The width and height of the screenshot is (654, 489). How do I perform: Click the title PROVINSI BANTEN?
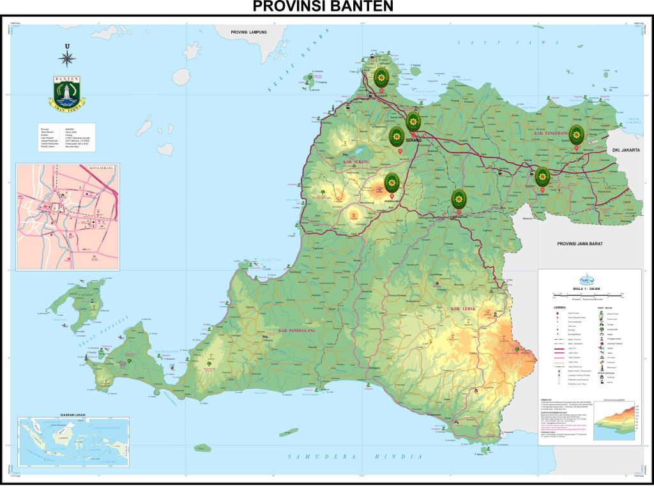[x=323, y=7]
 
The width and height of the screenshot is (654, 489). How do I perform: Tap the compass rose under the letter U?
[x=67, y=59]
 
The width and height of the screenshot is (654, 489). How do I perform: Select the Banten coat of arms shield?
[x=67, y=93]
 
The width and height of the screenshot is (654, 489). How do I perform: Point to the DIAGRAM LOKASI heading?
[x=73, y=414]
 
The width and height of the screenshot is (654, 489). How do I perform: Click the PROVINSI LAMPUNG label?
[x=249, y=31]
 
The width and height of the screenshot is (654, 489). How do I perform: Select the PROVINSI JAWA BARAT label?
[x=580, y=244]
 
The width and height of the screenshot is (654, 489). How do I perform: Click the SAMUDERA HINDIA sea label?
[x=354, y=456]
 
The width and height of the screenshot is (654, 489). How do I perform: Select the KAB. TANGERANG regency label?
[x=553, y=133]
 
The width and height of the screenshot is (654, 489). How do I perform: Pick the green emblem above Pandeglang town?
[x=392, y=183]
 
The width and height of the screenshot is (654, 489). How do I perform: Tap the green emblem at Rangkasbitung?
[x=458, y=199]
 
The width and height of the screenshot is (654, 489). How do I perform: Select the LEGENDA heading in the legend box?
[x=559, y=307]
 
